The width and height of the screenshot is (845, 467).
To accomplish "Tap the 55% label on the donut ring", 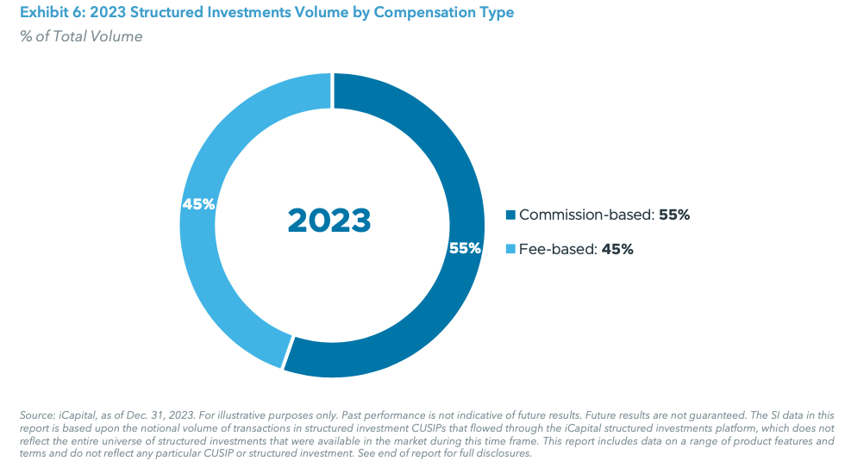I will (x=464, y=248).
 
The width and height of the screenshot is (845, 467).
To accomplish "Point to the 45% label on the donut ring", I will (x=198, y=204).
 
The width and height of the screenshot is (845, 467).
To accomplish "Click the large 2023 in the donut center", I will (x=329, y=221).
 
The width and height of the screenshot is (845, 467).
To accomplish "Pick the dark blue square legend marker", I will (x=510, y=215).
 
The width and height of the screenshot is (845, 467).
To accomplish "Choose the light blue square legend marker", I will (x=510, y=249).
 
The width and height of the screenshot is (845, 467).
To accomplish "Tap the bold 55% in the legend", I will (x=674, y=215).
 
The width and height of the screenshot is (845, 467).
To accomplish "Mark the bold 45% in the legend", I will (x=618, y=249).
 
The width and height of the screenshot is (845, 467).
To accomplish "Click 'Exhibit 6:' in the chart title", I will (x=42, y=13).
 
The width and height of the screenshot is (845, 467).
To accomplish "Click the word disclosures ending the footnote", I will (x=506, y=453).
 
